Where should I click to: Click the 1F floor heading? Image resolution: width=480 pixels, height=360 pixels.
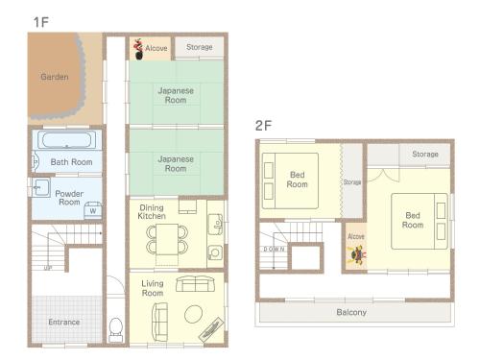(x=41, y=22)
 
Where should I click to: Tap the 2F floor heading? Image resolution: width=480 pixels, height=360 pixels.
(x=263, y=125)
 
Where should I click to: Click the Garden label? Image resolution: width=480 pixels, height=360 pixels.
(x=55, y=77)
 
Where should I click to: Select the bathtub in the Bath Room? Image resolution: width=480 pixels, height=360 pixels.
(x=66, y=140)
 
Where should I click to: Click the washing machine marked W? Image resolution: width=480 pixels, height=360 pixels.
(x=93, y=210)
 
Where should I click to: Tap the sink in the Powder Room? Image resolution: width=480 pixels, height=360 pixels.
(x=40, y=187)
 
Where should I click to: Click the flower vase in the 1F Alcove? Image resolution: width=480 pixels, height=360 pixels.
(x=138, y=49)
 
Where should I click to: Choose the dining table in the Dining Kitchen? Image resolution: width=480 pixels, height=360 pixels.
(x=167, y=239)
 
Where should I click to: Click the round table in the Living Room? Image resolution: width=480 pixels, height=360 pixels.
(x=193, y=314)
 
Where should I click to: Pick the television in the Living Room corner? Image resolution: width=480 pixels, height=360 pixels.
(x=211, y=329)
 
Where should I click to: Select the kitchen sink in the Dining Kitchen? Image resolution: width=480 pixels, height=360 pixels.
(x=215, y=224)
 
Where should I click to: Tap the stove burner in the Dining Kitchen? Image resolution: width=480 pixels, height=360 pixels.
(x=215, y=252)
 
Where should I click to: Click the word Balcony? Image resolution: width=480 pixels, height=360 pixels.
(x=351, y=312)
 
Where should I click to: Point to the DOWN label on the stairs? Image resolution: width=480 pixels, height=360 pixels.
(x=274, y=249)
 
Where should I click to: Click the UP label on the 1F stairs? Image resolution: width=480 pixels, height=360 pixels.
(x=48, y=268)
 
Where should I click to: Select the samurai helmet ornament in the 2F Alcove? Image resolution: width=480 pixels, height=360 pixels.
(x=356, y=255)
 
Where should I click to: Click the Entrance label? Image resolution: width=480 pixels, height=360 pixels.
(x=64, y=322)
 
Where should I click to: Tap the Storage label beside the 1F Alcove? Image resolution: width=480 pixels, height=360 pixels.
(x=200, y=47)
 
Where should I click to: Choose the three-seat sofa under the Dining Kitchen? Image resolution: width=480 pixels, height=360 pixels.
(x=195, y=284)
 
